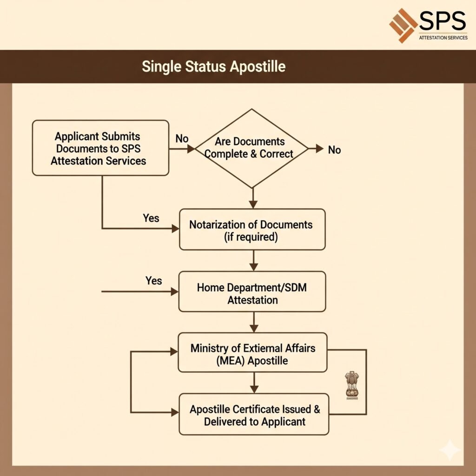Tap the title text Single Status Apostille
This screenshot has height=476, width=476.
point(213,66)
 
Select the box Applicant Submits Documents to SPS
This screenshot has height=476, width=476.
point(100,148)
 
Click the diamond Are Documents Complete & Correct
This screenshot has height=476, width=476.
point(251,148)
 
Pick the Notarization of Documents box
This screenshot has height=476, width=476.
point(251,230)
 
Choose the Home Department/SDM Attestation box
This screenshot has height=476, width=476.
point(252,293)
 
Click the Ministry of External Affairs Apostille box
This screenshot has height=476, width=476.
point(252,354)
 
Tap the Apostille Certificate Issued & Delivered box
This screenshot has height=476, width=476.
point(254,415)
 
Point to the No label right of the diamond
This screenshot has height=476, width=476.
point(334,150)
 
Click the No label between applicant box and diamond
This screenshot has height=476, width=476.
point(182,139)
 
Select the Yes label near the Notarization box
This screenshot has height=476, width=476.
point(151,218)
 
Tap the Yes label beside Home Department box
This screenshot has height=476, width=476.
point(154,280)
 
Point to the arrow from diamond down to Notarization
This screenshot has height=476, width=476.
point(252,198)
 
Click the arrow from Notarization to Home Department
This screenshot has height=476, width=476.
point(253,261)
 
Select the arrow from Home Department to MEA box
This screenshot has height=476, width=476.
point(253,322)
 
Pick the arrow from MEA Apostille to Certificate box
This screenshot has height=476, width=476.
point(253,383)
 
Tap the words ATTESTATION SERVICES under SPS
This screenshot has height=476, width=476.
point(443,37)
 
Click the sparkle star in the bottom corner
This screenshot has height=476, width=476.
point(450,450)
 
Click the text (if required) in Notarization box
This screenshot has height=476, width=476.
point(252,237)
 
